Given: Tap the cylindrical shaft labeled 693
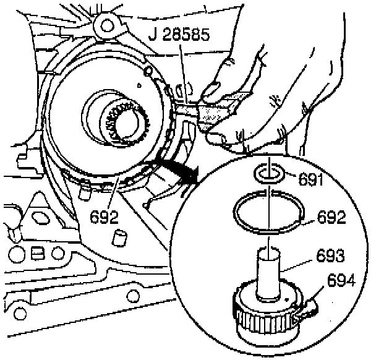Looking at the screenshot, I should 270,272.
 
